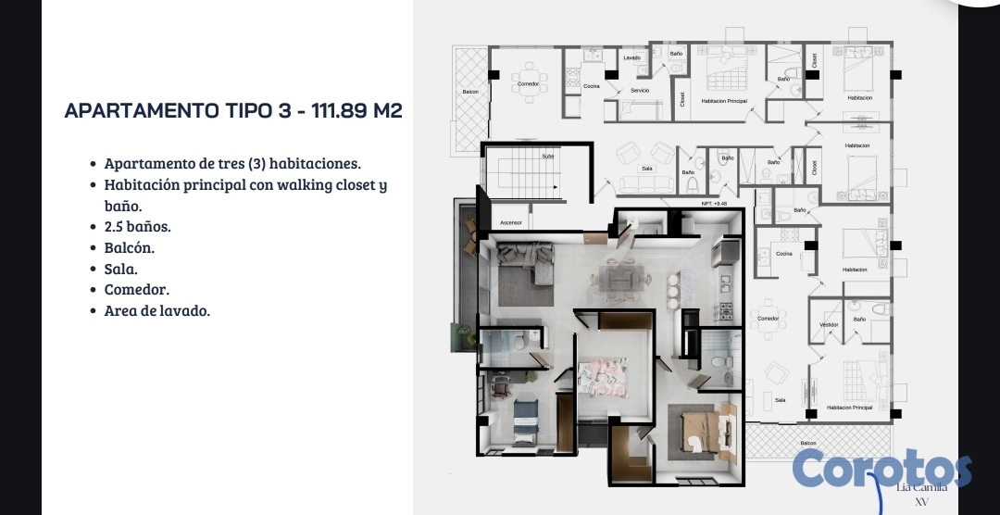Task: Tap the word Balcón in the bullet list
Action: pos(129,247)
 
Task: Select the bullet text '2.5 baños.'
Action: pos(137,226)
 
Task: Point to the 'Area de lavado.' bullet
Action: pos(157,310)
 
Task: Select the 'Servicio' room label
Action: pos(640,91)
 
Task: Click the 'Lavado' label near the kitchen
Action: pos(631,57)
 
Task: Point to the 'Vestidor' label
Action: pos(829,324)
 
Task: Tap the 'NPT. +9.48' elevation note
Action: pos(714,204)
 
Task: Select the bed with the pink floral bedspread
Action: pos(603,375)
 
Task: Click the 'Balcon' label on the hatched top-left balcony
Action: pos(469,93)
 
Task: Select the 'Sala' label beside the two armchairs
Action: pos(648,170)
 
